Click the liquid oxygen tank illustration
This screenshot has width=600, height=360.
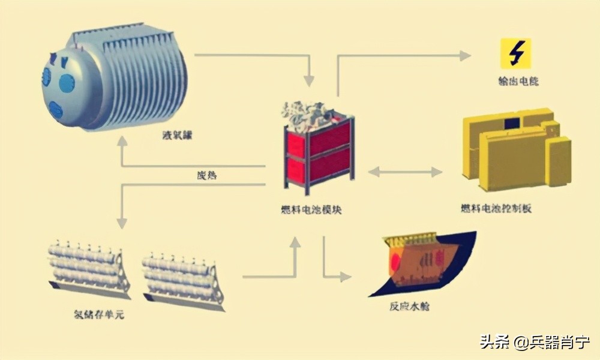click(x=114, y=78)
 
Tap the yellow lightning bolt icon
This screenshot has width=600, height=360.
click(x=516, y=53)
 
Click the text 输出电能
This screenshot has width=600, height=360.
click(x=517, y=80)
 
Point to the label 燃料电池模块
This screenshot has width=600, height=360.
click(x=312, y=210)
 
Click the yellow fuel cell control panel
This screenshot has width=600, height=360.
click(x=516, y=147)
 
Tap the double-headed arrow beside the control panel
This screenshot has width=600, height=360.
click(x=404, y=172)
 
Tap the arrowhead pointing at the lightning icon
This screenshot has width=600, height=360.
click(x=466, y=56)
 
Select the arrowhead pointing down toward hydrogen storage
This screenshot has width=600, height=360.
click(x=122, y=223)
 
